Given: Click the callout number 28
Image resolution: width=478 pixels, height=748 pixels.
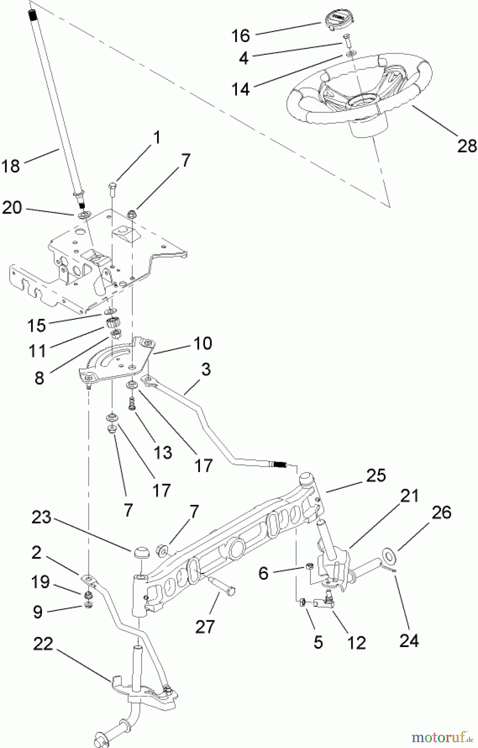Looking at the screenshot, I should pos(467,146).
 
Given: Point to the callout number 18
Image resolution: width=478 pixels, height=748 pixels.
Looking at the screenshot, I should pos(11,166).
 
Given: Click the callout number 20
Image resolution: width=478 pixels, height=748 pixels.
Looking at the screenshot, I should pos(12,208).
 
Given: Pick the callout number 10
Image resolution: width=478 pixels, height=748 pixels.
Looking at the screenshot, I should pos(202,343).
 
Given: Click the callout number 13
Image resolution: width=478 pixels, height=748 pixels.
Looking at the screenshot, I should pos(162,453).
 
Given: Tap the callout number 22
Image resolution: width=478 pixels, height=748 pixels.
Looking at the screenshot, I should pos(43,645).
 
